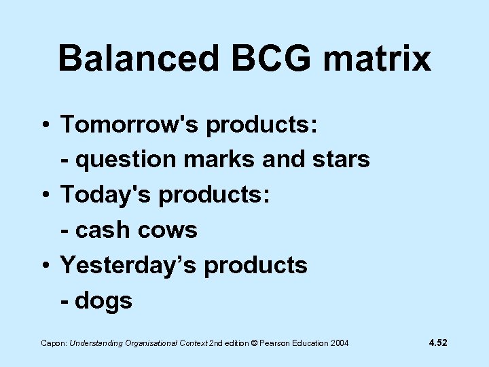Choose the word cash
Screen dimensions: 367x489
102,230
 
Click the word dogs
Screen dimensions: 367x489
104,301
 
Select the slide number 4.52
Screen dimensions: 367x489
437,343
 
